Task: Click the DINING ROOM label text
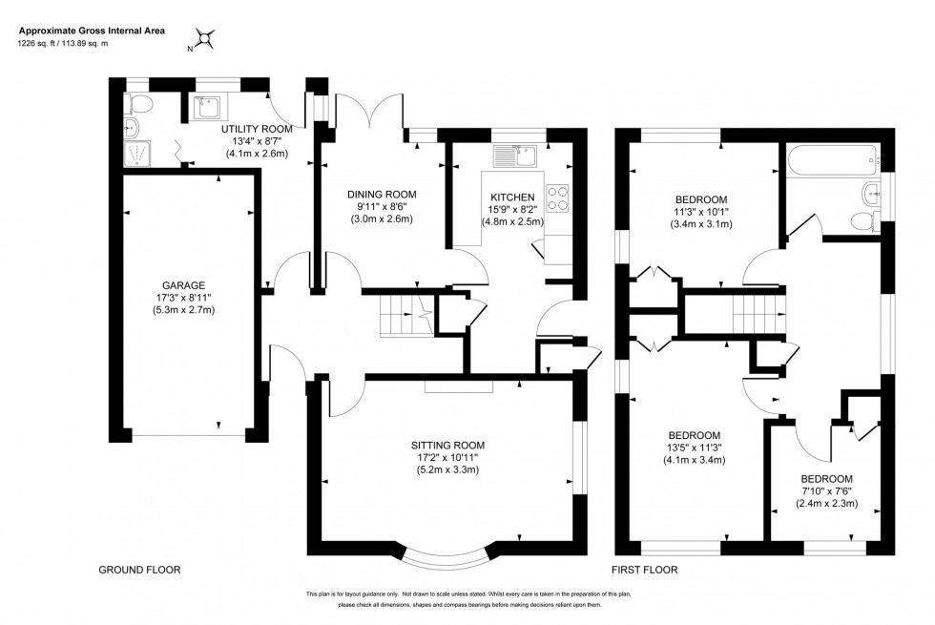[x=382, y=194]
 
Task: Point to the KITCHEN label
[x=512, y=197]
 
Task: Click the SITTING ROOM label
[x=448, y=445]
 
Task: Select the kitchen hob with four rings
[x=558, y=196]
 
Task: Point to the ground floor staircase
[x=401, y=315]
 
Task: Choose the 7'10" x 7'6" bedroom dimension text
[x=826, y=491]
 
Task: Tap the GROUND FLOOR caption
[x=139, y=570]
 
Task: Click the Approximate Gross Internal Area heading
[x=92, y=31]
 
